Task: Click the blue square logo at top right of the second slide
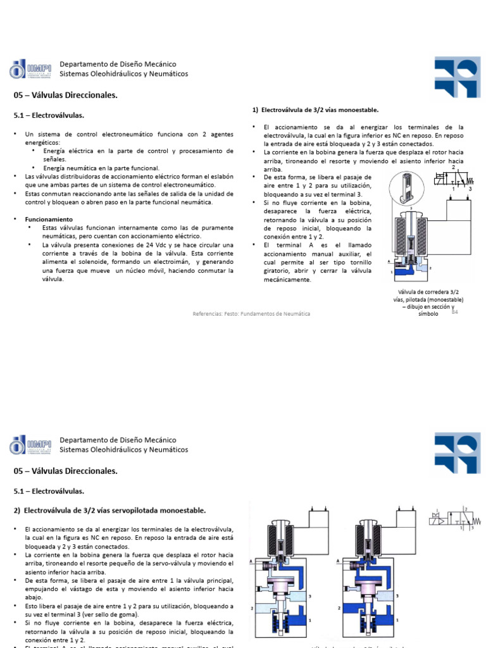(457, 452)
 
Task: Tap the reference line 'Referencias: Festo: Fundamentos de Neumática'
(251, 313)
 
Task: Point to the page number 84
(454, 311)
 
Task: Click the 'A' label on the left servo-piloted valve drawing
(251, 561)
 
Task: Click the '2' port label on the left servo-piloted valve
(252, 607)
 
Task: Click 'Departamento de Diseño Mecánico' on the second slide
(118, 440)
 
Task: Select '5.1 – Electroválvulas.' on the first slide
(49, 115)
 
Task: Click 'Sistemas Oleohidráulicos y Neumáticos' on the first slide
(123, 74)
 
